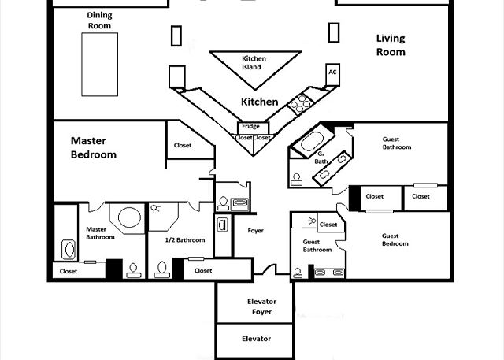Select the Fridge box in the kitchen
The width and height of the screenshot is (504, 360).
[253, 128]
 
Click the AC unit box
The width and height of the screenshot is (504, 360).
[332, 75]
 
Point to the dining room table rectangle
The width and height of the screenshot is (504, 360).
[100, 65]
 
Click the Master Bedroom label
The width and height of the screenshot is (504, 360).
[94, 147]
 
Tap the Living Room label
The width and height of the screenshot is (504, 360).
[391, 45]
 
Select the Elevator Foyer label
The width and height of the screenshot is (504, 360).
[261, 306]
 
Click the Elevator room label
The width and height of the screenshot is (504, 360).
[256, 339]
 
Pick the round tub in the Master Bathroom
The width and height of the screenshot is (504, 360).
[129, 217]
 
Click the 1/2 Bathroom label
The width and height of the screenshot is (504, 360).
[185, 240]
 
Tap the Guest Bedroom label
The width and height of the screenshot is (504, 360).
[395, 239]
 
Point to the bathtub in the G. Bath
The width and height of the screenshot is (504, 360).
[313, 141]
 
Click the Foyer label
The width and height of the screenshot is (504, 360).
[255, 231]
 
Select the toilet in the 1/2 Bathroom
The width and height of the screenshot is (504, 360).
[161, 269]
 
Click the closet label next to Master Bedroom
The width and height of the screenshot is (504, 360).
[183, 145]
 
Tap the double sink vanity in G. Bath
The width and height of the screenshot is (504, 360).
[332, 168]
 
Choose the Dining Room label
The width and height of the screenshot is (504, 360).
[100, 20]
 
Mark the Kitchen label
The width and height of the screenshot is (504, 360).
[259, 102]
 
